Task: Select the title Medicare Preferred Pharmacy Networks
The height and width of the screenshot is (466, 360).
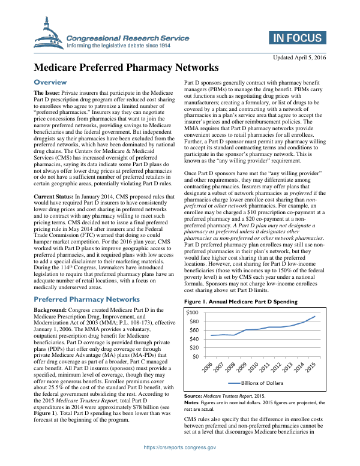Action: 125,68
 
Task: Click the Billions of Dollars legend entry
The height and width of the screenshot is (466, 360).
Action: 259,382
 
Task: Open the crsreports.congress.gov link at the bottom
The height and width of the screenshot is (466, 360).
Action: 179,457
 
